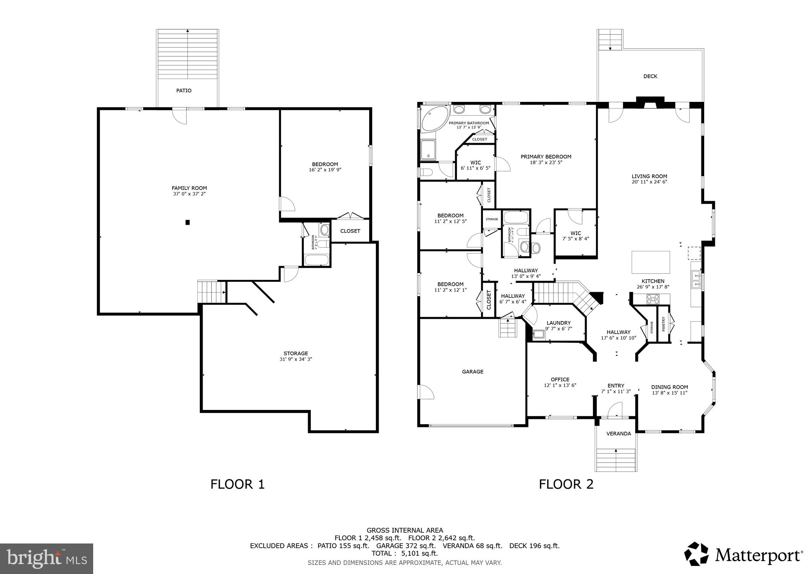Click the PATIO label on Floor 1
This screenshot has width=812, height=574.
coord(184,91)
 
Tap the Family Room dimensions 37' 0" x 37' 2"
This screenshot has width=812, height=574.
coord(189,194)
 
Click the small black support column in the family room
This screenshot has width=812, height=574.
coord(188,222)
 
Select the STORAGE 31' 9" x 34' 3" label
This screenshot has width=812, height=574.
coord(295,356)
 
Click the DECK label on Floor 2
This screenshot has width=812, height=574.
coord(650,76)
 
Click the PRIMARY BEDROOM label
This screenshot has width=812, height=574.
coord(546,157)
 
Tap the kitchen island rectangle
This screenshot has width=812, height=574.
coord(650,262)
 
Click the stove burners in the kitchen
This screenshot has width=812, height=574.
coord(653,299)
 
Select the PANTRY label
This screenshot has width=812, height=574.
coord(663,324)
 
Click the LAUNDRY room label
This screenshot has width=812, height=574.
coord(558,323)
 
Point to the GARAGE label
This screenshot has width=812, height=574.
coord(472,371)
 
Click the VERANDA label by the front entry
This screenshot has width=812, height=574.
coord(619,434)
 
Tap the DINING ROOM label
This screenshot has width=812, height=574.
coord(669,387)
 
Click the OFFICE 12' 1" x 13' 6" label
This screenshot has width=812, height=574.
coord(560,382)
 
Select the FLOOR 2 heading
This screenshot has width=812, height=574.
coord(566,484)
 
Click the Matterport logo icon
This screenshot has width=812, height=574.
coord(696,554)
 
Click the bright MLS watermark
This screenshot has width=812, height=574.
coord(46,559)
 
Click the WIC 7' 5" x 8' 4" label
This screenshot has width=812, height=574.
coord(575,236)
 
